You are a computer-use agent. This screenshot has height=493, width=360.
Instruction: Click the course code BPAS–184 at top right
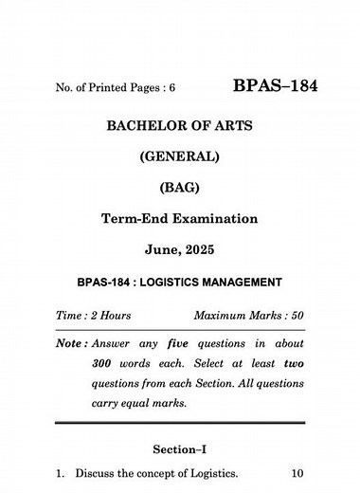click(275, 87)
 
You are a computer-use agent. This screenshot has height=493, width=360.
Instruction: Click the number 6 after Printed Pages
click(173, 90)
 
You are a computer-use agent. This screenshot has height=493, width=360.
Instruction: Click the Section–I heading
click(180, 448)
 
